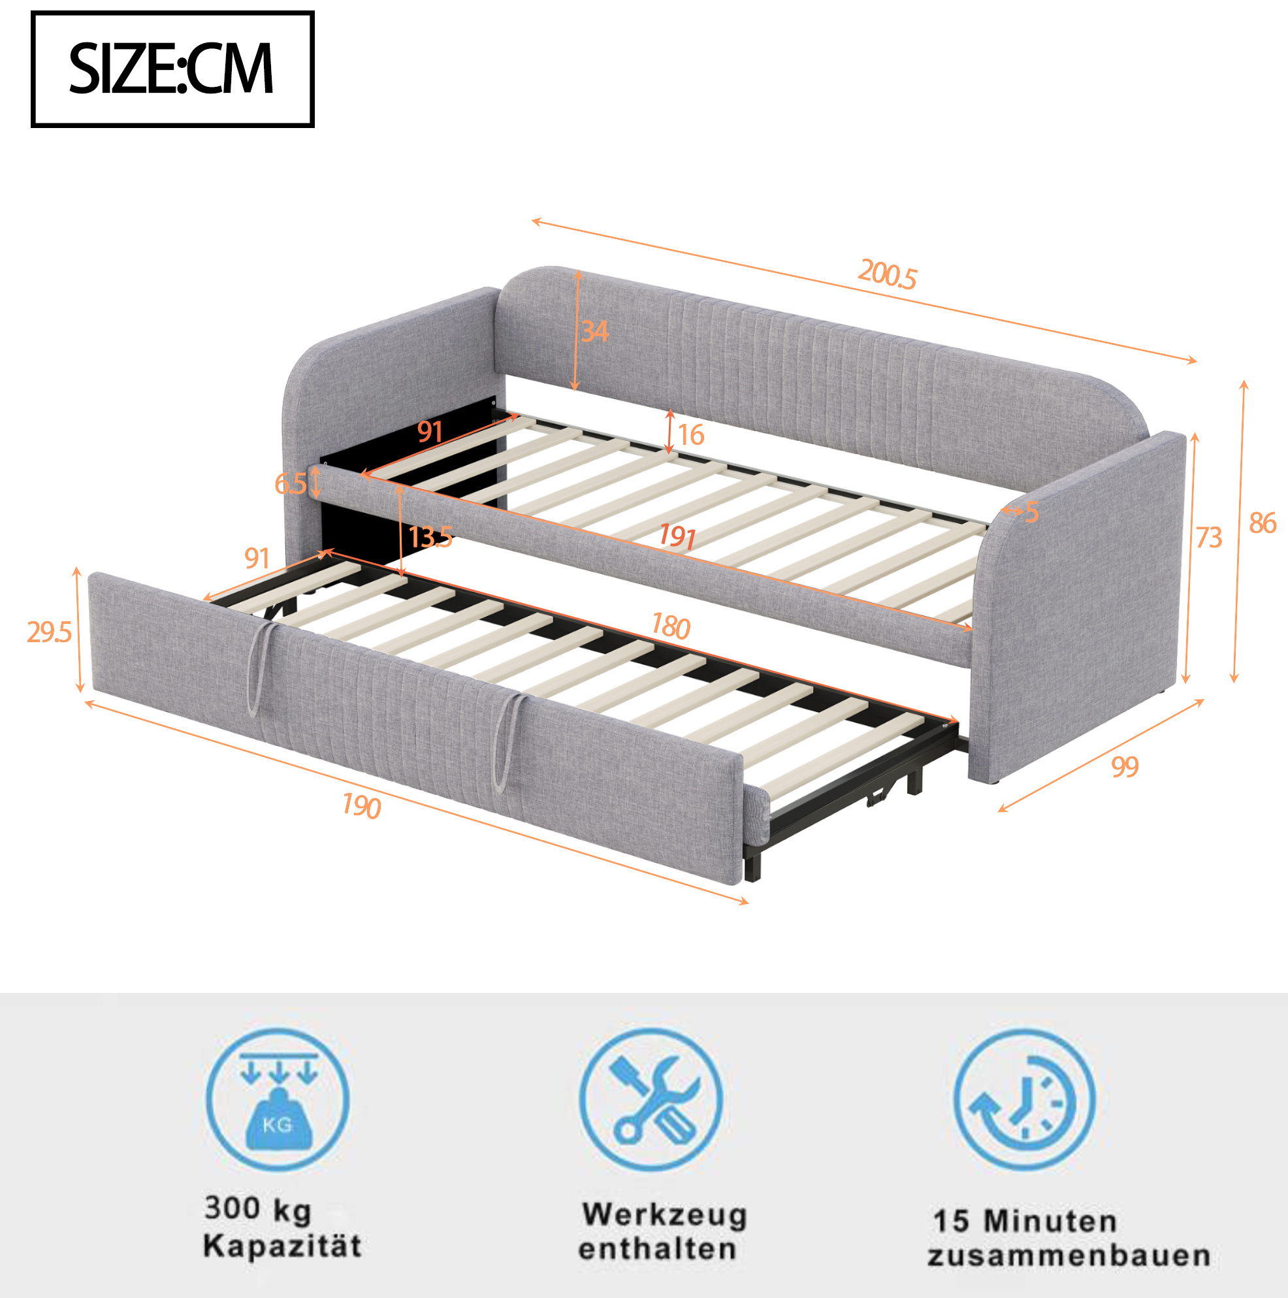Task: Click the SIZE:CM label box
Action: (172, 69)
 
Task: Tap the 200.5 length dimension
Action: (887, 274)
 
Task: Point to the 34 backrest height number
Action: (594, 331)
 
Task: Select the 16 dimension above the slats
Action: (690, 434)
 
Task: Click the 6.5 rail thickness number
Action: (290, 483)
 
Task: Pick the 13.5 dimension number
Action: (430, 537)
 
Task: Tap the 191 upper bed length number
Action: (677, 536)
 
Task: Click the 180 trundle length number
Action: (671, 626)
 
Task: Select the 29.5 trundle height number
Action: (49, 632)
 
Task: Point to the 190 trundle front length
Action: (361, 805)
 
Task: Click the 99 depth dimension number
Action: (1125, 766)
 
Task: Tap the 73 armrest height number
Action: (1209, 538)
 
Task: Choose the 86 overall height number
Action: (1263, 523)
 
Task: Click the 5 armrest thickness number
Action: (1031, 513)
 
